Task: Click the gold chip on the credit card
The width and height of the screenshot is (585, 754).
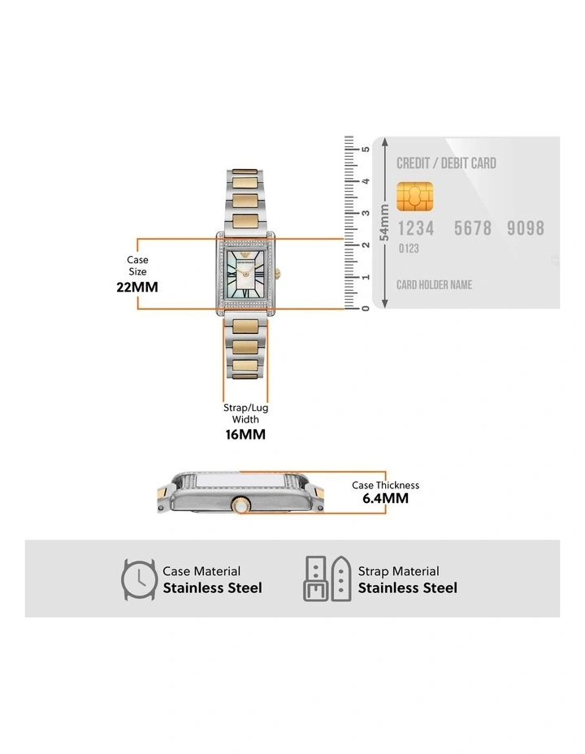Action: (x=414, y=195)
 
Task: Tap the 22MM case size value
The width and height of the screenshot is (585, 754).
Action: (x=137, y=287)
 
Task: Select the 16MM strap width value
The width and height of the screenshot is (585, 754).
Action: (x=245, y=435)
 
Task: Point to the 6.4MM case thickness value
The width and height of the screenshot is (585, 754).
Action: (x=385, y=498)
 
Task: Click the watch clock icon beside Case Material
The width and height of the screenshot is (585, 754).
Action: (x=139, y=579)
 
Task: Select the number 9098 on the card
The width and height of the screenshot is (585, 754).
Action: (x=526, y=228)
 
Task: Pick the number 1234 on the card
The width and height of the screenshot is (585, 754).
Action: (x=416, y=228)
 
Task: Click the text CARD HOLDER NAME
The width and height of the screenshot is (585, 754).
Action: (x=434, y=285)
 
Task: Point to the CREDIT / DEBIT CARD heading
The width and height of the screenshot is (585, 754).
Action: (x=446, y=163)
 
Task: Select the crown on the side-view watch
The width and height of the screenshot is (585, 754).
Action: (x=240, y=505)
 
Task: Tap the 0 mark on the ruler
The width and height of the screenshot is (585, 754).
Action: (x=366, y=308)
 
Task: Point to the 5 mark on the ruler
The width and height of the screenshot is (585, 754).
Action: (x=366, y=149)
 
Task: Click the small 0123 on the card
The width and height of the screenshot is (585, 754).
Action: (x=409, y=249)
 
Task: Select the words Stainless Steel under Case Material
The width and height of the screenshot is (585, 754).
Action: (x=212, y=587)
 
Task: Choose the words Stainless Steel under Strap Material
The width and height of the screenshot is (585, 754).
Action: (x=407, y=587)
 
